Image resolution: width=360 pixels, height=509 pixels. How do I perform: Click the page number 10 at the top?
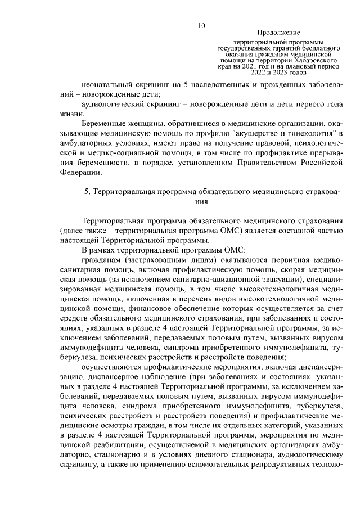[x=201, y=25]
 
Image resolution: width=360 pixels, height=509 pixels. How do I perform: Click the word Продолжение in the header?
[x=278, y=33]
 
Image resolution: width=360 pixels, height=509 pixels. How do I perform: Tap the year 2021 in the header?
[x=254, y=66]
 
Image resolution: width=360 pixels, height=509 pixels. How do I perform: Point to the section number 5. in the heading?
[x=87, y=191]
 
